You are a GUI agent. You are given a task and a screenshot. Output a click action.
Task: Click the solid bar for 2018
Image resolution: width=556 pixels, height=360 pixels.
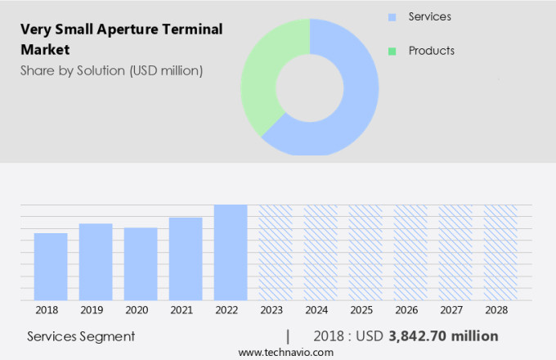(51, 267)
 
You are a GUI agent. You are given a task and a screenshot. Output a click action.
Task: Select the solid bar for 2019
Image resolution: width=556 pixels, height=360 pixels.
(96, 262)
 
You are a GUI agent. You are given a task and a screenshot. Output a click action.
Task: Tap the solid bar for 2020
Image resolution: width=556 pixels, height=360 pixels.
(141, 264)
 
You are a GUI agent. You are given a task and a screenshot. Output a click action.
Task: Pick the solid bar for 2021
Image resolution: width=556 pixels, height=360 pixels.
(186, 259)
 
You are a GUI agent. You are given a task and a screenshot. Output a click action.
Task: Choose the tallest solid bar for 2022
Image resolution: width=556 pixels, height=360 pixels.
(231, 252)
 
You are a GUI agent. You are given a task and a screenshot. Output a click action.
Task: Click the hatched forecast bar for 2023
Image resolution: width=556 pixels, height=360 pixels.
(276, 252)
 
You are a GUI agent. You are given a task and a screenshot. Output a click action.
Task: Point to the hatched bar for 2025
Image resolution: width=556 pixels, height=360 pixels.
(365, 252)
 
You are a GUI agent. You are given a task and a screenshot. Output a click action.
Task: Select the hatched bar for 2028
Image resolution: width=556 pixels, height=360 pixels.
(500, 252)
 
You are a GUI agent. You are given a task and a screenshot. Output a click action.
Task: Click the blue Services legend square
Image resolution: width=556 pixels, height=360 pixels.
(392, 17)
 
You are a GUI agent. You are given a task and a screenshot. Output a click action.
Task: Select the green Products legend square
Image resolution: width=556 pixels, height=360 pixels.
(392, 51)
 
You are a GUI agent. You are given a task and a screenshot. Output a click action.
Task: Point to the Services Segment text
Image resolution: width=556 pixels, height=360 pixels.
(81, 336)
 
